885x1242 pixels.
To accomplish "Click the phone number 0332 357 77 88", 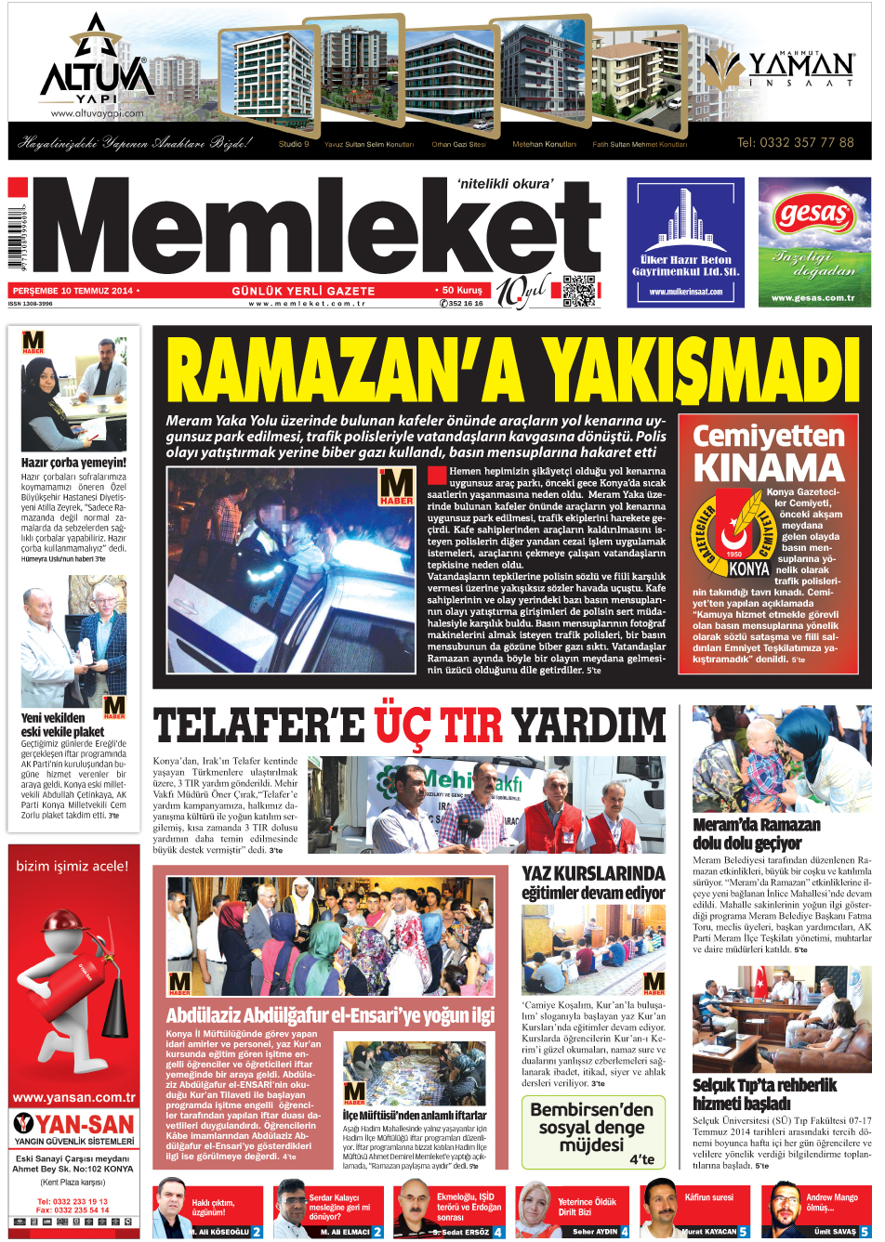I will (x=795, y=142).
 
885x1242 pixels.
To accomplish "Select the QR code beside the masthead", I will (x=578, y=291).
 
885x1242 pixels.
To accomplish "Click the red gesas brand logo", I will (x=814, y=216).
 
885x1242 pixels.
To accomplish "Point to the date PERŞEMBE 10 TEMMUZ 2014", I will (x=73, y=291).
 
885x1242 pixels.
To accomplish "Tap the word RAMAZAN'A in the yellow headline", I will (x=344, y=372).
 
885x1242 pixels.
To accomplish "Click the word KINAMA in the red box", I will (x=769, y=467).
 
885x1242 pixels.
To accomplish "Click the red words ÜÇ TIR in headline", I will (x=439, y=725).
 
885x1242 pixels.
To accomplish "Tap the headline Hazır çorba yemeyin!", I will (x=73, y=462).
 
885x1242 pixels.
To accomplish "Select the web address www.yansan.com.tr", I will (x=73, y=1097).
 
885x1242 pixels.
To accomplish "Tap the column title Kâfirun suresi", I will (x=709, y=1197).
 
